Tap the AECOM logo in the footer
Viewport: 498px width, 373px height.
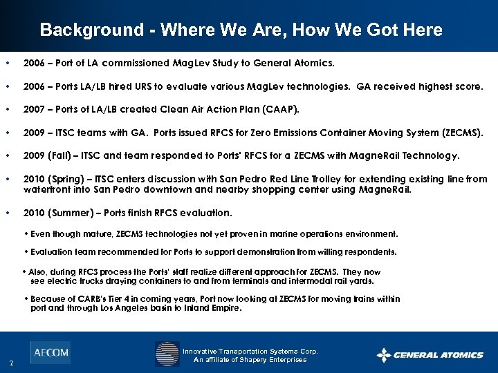tap(50, 352)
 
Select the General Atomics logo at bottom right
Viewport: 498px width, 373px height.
tap(430, 355)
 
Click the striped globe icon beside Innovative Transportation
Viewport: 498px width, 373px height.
tap(167, 354)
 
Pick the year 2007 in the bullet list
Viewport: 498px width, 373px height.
tap(35, 109)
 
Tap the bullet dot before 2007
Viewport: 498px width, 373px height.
tap(7, 109)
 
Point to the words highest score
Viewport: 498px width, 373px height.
tap(452, 86)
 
